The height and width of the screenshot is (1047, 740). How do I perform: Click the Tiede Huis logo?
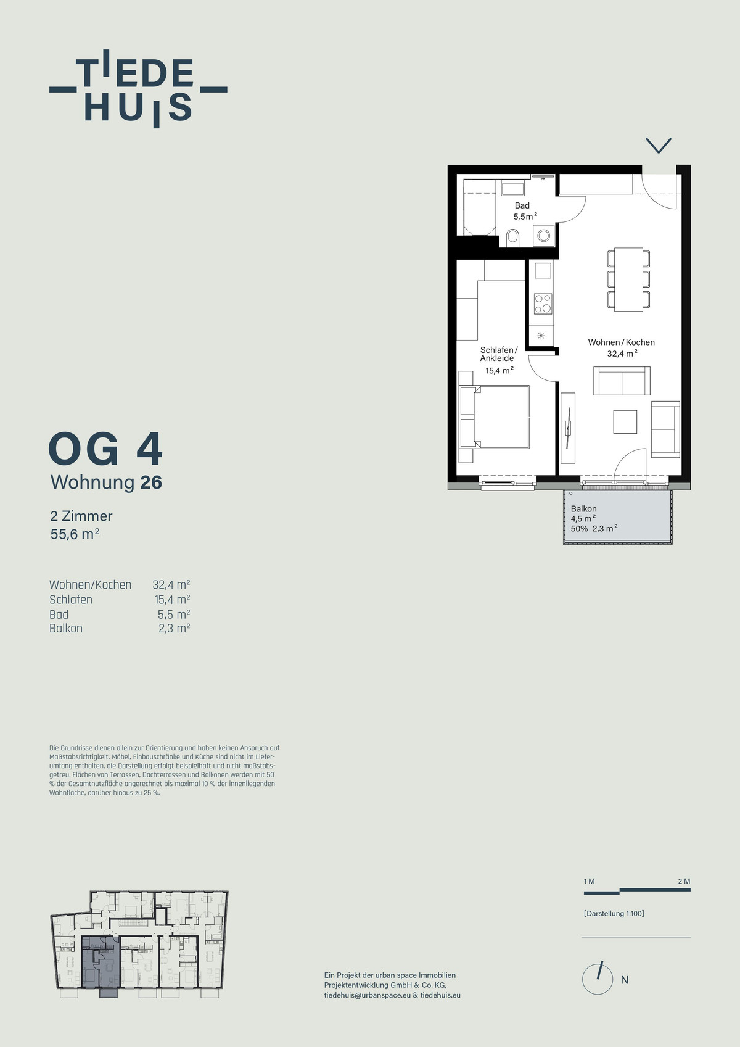tap(138, 89)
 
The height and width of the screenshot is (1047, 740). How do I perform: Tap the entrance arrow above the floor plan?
tap(659, 145)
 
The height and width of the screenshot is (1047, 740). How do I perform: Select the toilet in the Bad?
tap(512, 238)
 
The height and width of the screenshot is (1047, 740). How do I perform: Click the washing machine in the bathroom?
tap(543, 236)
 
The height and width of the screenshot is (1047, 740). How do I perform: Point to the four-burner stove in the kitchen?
tap(543, 304)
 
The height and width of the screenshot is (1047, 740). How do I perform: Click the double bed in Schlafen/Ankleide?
tap(495, 417)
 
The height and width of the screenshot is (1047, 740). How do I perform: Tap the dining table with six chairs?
tap(629, 279)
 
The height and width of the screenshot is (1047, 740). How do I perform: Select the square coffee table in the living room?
tap(625, 421)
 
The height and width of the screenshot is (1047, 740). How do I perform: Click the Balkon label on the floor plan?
tap(583, 508)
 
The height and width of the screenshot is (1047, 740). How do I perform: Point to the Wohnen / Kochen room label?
tap(622, 342)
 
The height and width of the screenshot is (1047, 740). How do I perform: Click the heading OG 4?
tap(105, 449)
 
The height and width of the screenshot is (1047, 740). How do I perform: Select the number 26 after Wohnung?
tap(151, 482)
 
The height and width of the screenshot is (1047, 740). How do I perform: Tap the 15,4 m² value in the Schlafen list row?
tap(172, 599)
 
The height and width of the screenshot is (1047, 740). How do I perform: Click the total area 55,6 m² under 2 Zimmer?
tap(75, 533)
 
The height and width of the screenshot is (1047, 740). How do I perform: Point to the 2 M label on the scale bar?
tap(684, 881)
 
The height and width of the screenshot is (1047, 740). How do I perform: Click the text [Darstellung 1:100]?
tap(614, 913)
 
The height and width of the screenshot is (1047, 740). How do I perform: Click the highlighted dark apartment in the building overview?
tap(101, 963)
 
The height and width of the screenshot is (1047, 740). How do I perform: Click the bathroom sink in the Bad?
tap(512, 189)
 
